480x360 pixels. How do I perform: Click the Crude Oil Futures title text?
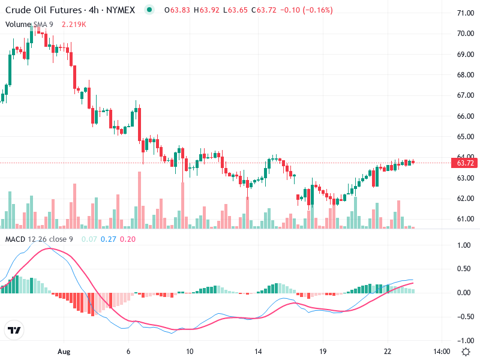44,10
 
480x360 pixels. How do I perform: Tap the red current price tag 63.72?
466,163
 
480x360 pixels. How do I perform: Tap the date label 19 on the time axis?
322,351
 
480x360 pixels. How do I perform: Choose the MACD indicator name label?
15,239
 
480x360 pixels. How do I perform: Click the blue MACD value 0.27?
108,239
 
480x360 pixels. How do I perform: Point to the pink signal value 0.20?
128,239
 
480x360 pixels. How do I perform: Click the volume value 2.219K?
74,24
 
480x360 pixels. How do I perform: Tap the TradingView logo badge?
14,331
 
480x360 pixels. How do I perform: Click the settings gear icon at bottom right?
466,351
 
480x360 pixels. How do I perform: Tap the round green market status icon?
149,10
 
